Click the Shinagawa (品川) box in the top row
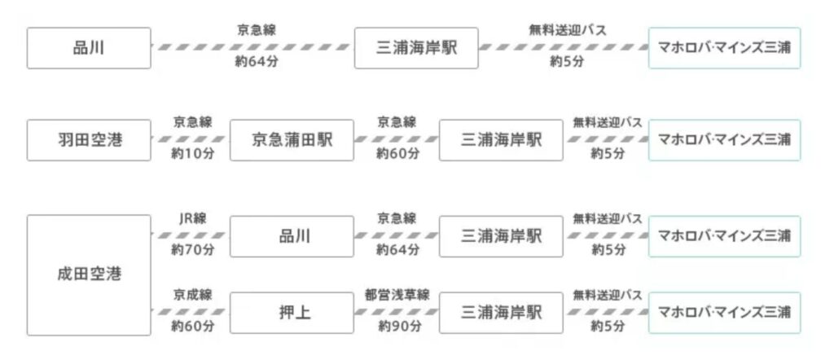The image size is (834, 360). [89, 48]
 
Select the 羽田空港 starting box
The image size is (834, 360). [89, 140]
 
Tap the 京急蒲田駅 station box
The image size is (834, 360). [292, 140]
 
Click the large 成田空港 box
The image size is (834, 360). [89, 274]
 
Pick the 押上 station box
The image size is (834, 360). [292, 312]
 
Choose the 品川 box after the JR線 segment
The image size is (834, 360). [292, 236]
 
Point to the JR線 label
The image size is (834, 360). [193, 218]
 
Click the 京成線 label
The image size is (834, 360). [193, 295]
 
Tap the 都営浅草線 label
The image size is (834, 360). [397, 295]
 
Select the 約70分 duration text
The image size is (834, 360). [193, 250]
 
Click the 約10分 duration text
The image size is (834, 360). [193, 154]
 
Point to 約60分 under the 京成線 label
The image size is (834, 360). [193, 327]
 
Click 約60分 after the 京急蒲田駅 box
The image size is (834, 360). [397, 154]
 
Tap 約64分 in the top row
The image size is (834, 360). [253, 61]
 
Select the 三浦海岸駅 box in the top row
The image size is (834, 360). [416, 48]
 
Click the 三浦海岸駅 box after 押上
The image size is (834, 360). [500, 312]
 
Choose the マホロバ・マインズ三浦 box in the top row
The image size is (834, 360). [724, 48]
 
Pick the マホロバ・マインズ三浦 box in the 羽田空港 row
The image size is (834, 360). [724, 140]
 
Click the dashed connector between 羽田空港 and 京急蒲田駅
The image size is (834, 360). [192, 139]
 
